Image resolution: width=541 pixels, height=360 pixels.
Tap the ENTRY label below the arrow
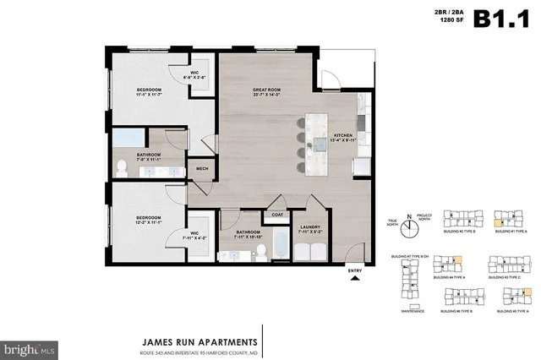(355, 270)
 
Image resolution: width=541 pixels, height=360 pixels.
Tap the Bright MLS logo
(30, 346)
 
